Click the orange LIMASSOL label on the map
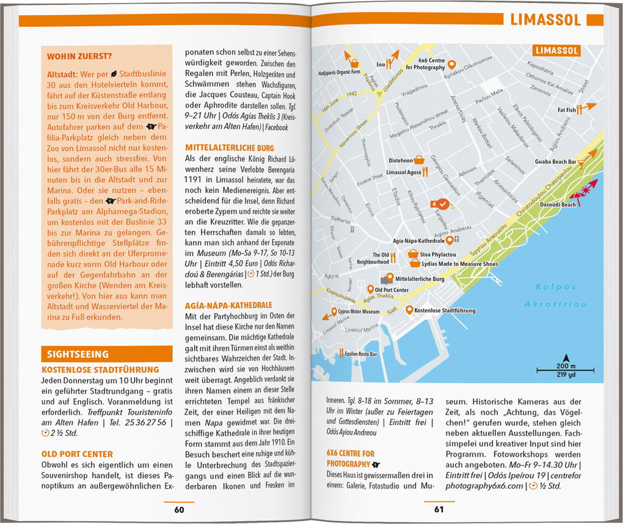point(556,51)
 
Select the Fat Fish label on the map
point(566,111)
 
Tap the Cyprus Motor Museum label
point(359,311)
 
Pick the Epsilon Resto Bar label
point(360,354)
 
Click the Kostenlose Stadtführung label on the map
point(445,311)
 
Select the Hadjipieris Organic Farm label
point(340,73)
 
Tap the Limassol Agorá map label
point(403,173)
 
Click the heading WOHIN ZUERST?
point(79,57)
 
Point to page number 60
point(179,510)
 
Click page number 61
point(439,510)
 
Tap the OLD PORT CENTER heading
point(77,454)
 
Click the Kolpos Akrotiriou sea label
point(555,296)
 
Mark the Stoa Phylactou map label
point(438,254)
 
